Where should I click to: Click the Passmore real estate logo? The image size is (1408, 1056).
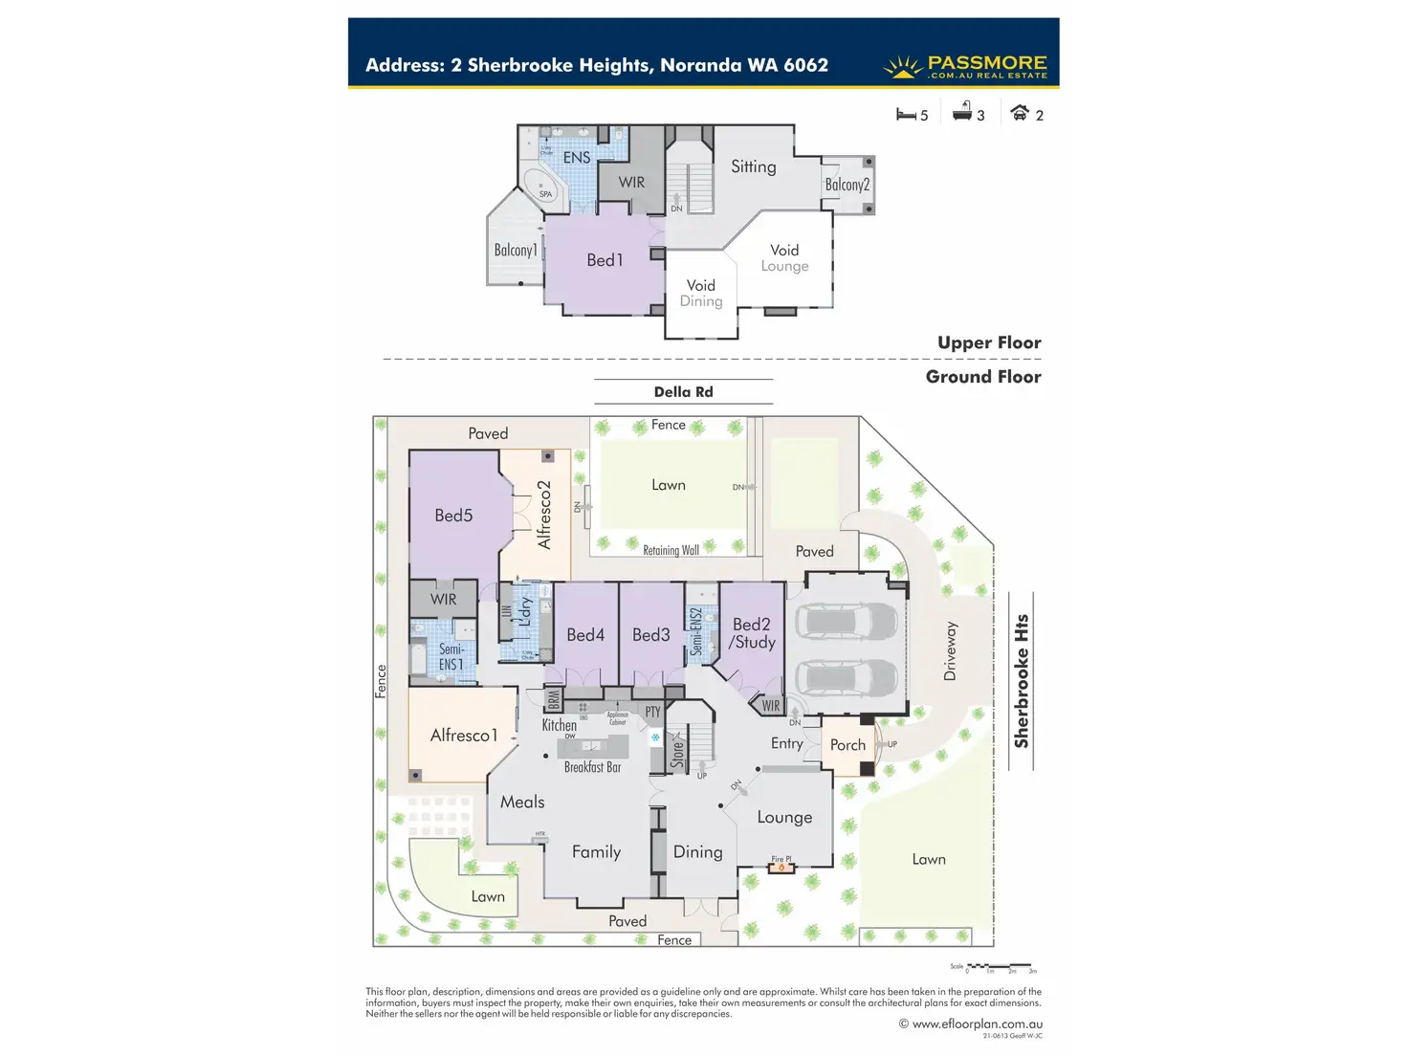(x=965, y=66)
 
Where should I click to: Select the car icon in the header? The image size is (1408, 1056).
(x=1020, y=113)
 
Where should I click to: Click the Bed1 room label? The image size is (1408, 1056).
(x=605, y=260)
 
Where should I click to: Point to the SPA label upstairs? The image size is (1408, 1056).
(x=545, y=194)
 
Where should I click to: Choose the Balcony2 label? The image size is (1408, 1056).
(x=847, y=185)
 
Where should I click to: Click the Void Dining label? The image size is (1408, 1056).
(x=701, y=293)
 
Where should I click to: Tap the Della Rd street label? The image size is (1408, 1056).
(x=683, y=392)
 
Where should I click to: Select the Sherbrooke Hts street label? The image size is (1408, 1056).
(x=1022, y=680)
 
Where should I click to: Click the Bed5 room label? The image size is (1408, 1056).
(x=453, y=516)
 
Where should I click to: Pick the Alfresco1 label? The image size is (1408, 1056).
(x=464, y=736)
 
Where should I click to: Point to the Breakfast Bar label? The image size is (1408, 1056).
(x=592, y=767)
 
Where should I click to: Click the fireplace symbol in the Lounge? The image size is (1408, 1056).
(x=781, y=867)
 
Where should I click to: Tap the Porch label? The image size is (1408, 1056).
(x=847, y=745)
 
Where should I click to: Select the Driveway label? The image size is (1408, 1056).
(x=950, y=651)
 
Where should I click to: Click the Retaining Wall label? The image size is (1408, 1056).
(x=671, y=550)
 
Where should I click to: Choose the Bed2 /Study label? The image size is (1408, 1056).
(x=752, y=633)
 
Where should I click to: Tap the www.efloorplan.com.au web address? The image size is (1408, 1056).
(x=977, y=1023)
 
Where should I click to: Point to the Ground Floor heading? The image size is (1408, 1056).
(x=982, y=377)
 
